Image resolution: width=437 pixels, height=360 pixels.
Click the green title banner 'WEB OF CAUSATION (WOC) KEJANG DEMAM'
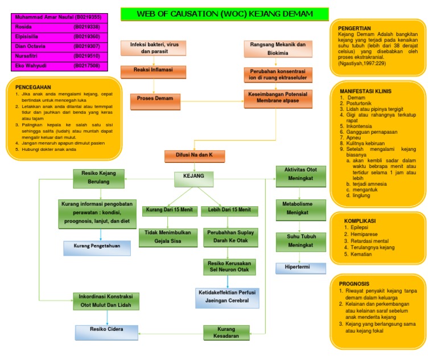[225, 14]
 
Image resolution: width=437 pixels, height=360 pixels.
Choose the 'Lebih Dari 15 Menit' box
[229, 210]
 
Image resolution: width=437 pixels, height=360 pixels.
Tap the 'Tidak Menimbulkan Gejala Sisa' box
[168, 237]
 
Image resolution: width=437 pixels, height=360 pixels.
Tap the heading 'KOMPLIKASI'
[360, 221]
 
